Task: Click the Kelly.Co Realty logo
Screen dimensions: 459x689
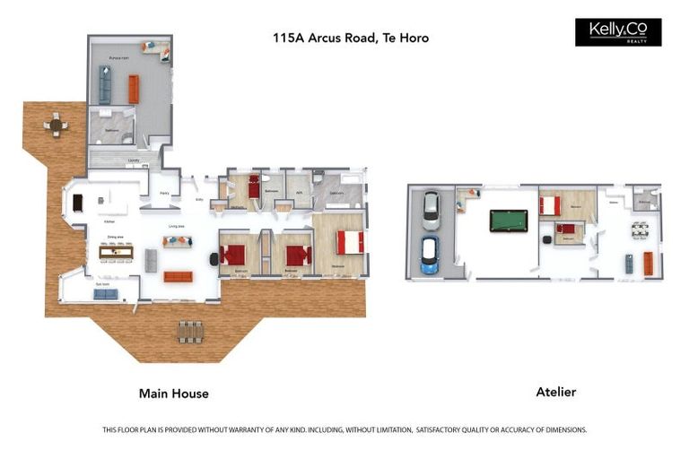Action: [617, 32]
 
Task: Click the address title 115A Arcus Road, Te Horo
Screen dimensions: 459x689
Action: [351, 38]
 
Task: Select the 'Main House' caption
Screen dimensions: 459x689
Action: [173, 394]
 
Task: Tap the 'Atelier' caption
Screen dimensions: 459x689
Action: [555, 392]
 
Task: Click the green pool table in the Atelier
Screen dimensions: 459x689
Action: [509, 221]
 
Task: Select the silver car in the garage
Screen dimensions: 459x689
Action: [432, 210]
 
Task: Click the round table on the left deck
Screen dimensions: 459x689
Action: [56, 125]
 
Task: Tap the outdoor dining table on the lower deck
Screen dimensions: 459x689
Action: [190, 331]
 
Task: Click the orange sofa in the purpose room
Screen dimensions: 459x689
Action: [134, 88]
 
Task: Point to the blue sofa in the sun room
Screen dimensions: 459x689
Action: [105, 294]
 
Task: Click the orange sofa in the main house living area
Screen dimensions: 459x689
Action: [178, 276]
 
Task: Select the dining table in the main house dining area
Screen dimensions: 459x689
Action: [116, 252]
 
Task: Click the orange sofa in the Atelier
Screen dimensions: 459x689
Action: [648, 264]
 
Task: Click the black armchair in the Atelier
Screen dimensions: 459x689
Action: [545, 240]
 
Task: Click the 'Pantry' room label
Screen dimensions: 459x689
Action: [164, 193]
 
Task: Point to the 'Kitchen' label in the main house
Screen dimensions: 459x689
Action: [109, 221]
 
